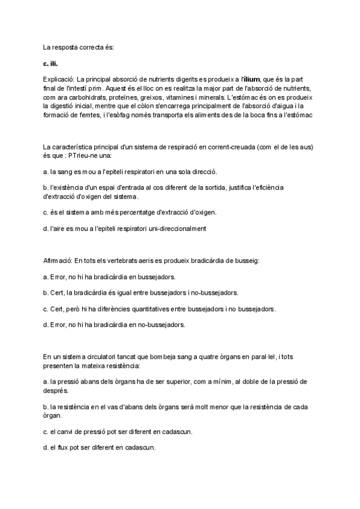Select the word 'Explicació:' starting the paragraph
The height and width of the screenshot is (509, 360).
tap(58, 79)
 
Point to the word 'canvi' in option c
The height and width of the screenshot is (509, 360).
tap(77, 431)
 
